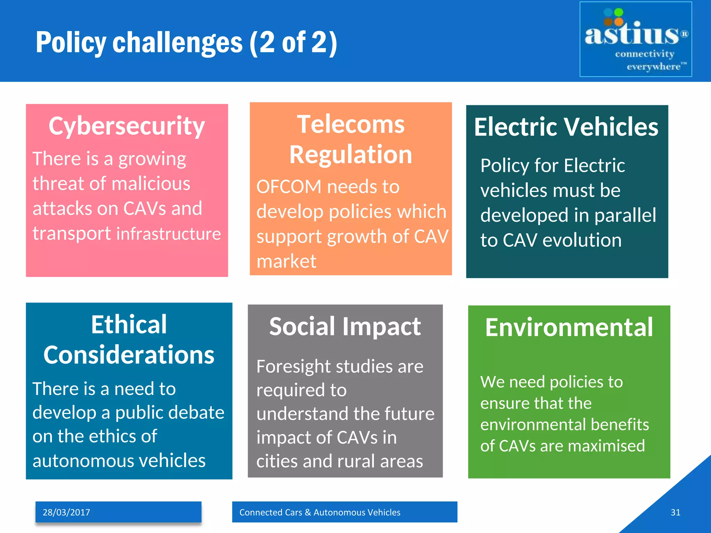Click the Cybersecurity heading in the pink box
point(127,126)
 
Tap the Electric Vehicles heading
point(566,127)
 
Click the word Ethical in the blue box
point(129,325)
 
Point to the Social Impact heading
point(345,327)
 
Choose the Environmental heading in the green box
point(569,327)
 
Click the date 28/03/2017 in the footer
point(66,512)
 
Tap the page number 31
point(675,512)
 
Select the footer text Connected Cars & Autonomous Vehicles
point(320,512)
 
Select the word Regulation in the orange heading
point(351,154)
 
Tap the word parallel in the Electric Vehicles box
point(625,215)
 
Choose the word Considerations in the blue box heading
point(129,355)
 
